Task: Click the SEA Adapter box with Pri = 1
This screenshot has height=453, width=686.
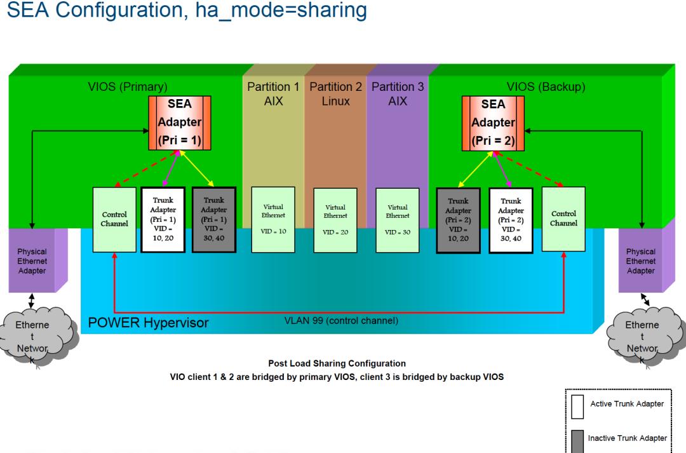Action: (180, 123)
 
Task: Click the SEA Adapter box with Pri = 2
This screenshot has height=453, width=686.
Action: (493, 123)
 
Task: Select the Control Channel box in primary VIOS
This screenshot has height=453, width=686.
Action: (114, 219)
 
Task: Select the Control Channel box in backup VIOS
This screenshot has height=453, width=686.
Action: (563, 219)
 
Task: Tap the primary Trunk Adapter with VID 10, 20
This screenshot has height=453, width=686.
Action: (163, 219)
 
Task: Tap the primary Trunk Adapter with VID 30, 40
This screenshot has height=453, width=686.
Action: (213, 219)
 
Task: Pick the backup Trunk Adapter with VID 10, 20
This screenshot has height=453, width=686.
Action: (458, 219)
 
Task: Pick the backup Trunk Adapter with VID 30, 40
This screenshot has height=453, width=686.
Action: (511, 219)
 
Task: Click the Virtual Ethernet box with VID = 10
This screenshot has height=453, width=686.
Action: (273, 219)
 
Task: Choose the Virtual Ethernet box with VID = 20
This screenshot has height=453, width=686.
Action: (335, 219)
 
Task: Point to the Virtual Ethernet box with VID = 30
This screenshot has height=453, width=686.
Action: (397, 219)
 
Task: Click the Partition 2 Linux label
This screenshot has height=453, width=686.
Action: (335, 93)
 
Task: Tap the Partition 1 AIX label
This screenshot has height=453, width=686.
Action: (273, 93)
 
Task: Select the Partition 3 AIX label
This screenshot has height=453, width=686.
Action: (398, 93)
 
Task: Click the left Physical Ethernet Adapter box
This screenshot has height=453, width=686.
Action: (32, 261)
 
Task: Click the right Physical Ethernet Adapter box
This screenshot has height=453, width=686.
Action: (640, 261)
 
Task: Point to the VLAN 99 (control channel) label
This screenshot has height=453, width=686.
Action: (342, 320)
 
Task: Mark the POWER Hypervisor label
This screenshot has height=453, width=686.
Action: (148, 323)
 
